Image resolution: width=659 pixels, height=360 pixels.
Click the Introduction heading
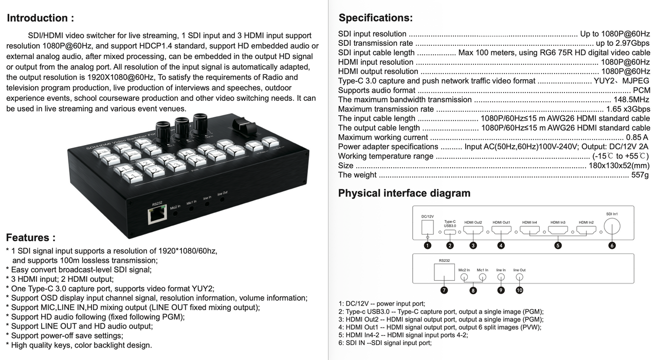(x=40, y=18)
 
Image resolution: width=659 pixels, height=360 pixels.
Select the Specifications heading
(x=375, y=18)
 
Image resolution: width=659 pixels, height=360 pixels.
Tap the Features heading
(x=31, y=238)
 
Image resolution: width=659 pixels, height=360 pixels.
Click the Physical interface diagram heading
(x=404, y=193)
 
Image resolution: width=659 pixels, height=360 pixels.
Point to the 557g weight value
(x=640, y=175)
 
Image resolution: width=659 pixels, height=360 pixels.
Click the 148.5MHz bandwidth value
(x=631, y=100)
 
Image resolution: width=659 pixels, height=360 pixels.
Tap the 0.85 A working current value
(x=637, y=137)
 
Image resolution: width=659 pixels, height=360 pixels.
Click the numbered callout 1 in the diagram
(x=427, y=245)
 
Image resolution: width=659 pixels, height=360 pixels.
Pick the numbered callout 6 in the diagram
(x=612, y=245)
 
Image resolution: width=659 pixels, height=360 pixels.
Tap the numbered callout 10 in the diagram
(x=519, y=290)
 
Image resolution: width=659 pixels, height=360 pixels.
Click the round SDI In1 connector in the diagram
(x=612, y=226)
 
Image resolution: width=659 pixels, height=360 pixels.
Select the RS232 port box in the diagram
(x=445, y=272)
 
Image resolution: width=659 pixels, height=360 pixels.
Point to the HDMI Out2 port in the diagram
(x=473, y=230)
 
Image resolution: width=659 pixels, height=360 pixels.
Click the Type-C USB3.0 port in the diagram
(x=450, y=230)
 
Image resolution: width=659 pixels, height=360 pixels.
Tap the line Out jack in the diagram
(x=519, y=277)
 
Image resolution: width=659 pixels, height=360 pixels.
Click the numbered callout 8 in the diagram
(x=473, y=291)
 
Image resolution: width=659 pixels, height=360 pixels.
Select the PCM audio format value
(x=642, y=91)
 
